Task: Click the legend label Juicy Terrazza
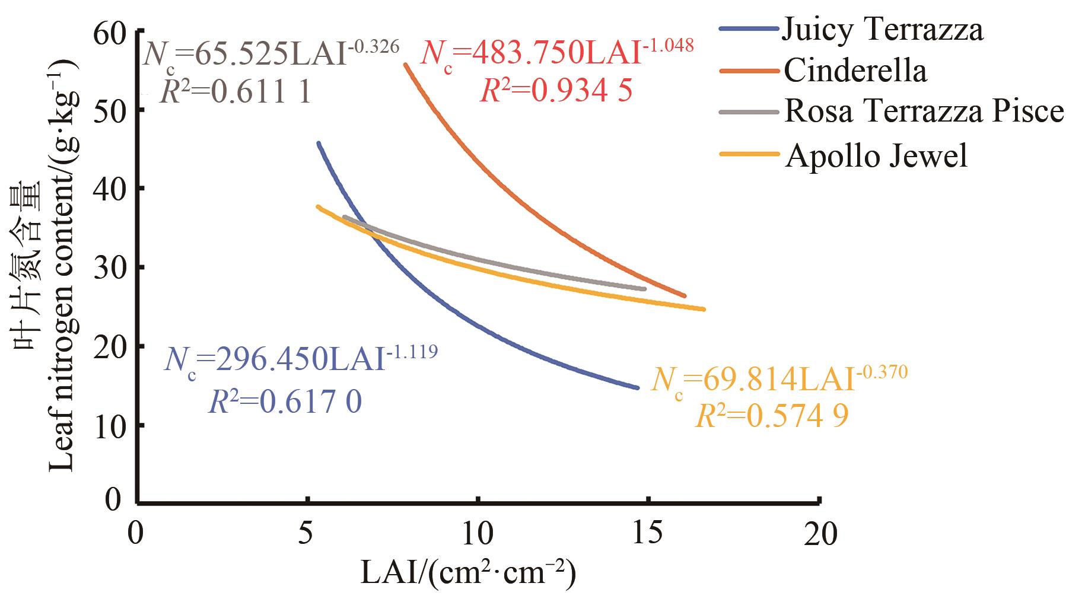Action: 882,28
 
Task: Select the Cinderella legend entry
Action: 855,71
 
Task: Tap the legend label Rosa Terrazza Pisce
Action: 924,111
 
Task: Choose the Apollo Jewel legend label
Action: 876,155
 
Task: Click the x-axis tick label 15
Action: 648,534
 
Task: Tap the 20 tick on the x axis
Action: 819,534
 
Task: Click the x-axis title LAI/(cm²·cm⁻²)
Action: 469,573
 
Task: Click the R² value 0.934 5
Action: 556,90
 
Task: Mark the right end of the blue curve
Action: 638,388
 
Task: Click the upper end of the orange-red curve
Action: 406,65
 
